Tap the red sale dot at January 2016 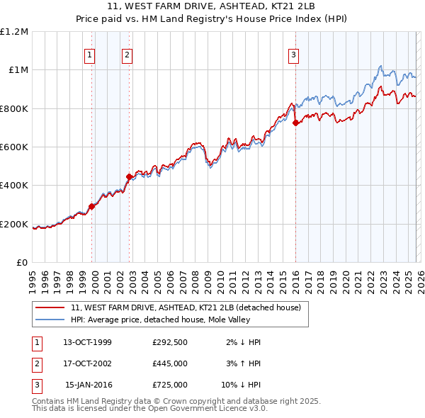[295, 123]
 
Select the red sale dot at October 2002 [129, 176]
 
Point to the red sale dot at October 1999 [91, 206]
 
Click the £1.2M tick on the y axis [14, 31]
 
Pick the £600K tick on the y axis [14, 147]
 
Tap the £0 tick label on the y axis [21, 262]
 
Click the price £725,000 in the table [170, 385]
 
